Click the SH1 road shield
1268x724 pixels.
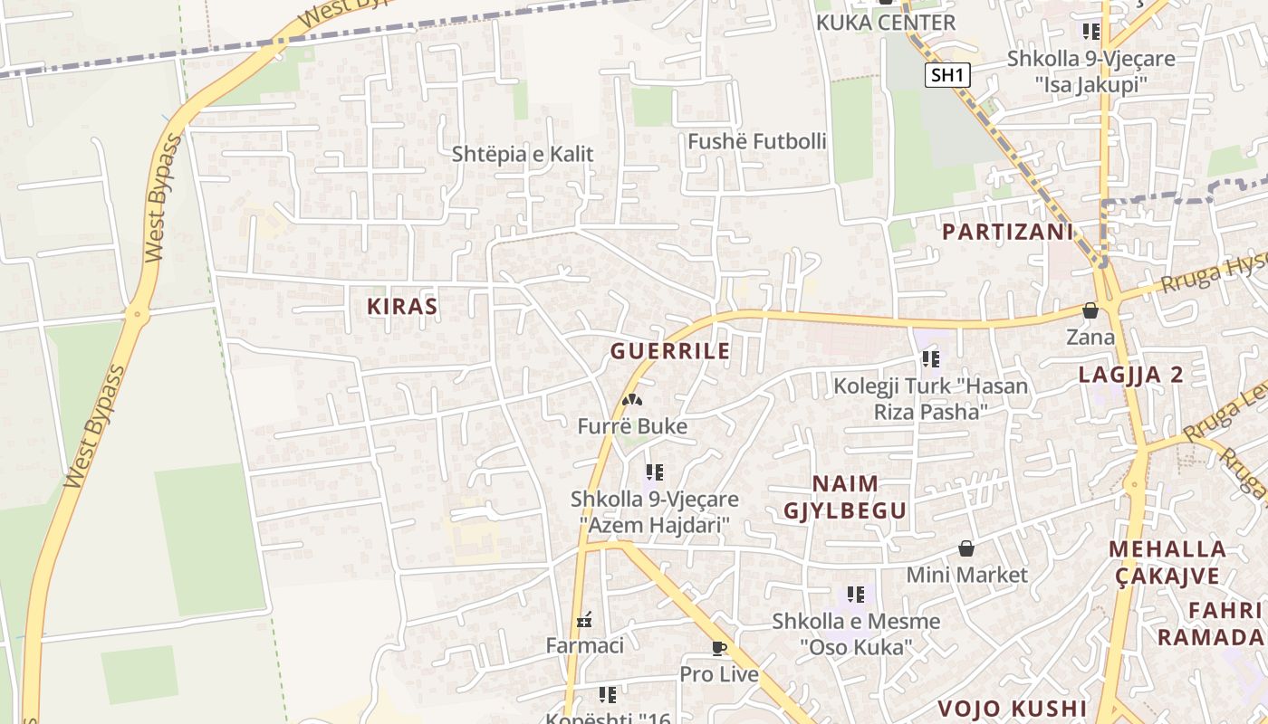point(947,75)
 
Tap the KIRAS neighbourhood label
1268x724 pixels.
point(402,307)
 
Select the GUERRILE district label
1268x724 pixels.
point(670,351)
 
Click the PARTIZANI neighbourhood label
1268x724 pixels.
point(1007,232)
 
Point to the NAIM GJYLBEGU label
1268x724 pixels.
point(844,497)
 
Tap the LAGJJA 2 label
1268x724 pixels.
point(1131,375)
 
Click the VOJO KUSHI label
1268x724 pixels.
point(1012,708)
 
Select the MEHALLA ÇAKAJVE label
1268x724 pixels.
point(1167,562)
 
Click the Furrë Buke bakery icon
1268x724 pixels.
point(632,400)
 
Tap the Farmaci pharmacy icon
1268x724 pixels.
point(585,621)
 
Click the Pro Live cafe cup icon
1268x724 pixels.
point(719,648)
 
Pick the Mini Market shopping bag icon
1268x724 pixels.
point(966,548)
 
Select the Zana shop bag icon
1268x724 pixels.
point(1090,310)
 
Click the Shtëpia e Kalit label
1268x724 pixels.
point(523,154)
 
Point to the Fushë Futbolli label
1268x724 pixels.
point(756,141)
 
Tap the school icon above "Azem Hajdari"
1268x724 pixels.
point(654,472)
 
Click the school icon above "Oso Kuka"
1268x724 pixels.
point(856,595)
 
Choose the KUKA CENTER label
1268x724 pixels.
point(886,23)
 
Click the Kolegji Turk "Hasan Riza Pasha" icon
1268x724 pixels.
point(931,359)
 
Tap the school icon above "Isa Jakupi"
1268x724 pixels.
point(1091,32)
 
